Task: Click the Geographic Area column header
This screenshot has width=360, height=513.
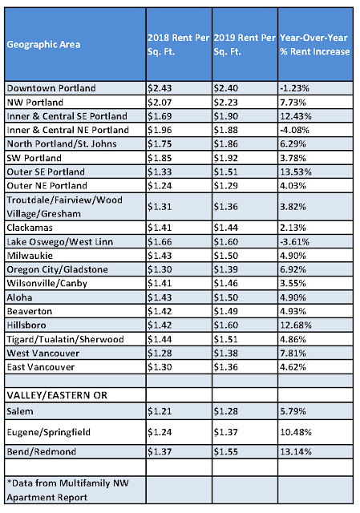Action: (43, 45)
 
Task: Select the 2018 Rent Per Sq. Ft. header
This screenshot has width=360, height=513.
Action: (178, 45)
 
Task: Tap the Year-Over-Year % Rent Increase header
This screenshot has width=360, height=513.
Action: (315, 45)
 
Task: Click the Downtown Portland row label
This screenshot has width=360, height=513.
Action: (51, 88)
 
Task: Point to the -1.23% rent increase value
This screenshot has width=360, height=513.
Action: (294, 88)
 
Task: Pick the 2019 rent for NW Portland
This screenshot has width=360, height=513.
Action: (226, 103)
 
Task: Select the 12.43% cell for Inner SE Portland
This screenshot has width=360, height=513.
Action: (296, 116)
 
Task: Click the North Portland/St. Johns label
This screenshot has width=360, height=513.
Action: (62, 144)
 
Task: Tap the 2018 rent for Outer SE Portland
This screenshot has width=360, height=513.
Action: (160, 172)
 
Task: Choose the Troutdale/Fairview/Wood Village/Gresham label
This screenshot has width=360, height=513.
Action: (65, 207)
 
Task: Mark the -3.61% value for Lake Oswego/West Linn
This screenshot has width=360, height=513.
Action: (294, 242)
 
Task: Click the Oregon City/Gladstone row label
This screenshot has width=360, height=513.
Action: (57, 269)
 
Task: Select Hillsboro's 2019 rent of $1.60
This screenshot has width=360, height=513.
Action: (226, 325)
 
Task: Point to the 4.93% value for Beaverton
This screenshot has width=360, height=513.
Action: (293, 311)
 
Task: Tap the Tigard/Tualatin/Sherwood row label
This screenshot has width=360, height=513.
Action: (66, 339)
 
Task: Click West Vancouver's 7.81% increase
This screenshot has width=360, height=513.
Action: (293, 353)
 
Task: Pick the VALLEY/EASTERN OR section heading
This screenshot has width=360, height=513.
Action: (57, 395)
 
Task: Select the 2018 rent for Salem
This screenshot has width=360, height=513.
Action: (160, 411)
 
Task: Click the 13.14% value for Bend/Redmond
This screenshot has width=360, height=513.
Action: (296, 452)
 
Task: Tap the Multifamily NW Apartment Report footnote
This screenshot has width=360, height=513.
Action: (67, 491)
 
